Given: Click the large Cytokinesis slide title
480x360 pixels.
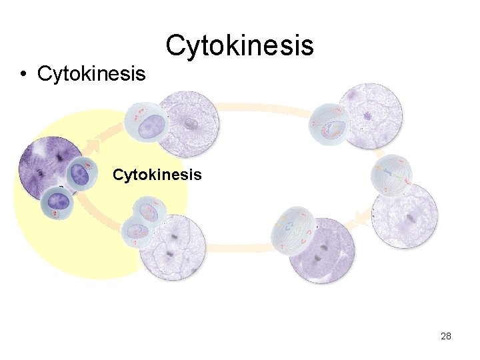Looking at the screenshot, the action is click(x=239, y=45).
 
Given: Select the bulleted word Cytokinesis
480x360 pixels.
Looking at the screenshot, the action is click(x=91, y=73).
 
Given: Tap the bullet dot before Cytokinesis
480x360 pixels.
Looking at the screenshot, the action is click(x=23, y=74).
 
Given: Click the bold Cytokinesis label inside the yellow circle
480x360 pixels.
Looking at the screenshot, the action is click(x=157, y=175).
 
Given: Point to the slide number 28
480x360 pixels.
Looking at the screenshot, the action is click(x=446, y=336).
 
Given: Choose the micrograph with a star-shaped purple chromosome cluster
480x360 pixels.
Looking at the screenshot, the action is click(x=369, y=117).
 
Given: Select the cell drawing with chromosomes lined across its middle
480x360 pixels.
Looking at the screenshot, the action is click(x=393, y=175).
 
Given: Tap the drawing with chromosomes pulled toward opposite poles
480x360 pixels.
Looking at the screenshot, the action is click(x=293, y=233).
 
